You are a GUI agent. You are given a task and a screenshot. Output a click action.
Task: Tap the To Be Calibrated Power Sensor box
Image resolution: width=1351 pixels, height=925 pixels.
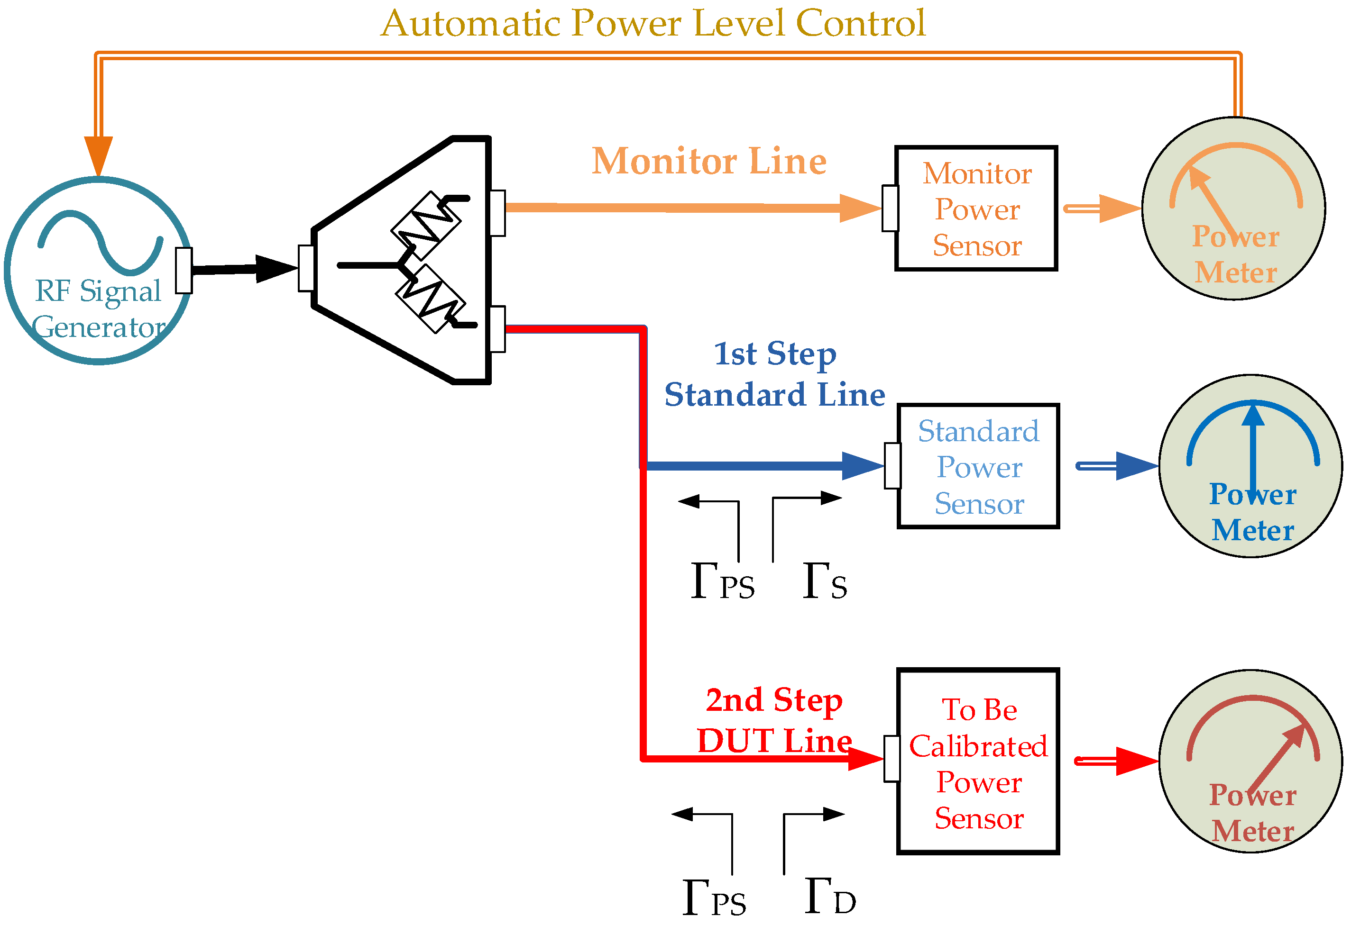(978, 761)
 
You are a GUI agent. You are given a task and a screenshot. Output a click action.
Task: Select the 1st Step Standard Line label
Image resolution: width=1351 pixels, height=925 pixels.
(774, 374)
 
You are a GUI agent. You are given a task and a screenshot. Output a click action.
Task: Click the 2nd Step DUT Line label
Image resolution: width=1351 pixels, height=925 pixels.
(774, 720)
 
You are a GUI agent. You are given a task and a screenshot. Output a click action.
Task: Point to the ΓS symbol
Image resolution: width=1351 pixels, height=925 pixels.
(824, 581)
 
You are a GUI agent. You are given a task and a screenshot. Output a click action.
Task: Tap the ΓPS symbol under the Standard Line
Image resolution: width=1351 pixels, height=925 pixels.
(722, 581)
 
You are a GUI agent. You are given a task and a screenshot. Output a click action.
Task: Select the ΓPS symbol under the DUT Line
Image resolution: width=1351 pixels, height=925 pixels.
(714, 898)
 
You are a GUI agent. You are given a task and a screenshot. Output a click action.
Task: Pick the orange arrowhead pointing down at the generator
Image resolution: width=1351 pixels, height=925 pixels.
(98, 154)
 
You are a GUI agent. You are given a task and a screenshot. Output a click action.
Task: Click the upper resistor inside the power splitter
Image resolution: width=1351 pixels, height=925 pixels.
(426, 226)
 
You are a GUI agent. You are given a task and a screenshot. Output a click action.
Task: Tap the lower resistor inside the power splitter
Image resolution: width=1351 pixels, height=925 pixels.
(430, 299)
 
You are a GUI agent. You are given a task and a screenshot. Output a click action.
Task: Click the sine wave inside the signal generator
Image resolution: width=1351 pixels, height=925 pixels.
(100, 242)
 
